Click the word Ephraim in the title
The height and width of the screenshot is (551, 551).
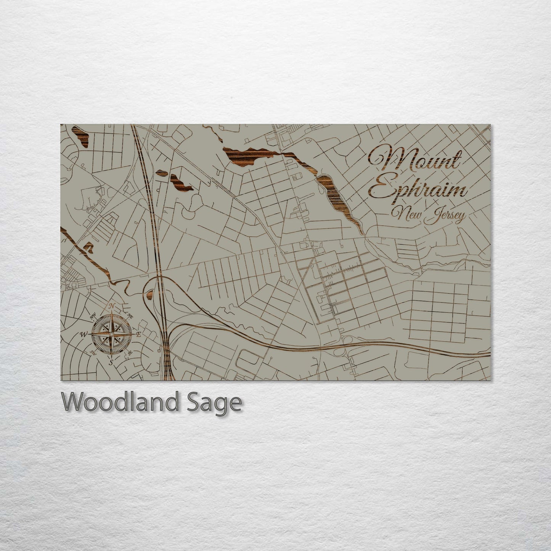(418, 190)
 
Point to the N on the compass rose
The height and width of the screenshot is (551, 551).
(112, 306)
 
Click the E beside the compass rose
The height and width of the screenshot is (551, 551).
(139, 334)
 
